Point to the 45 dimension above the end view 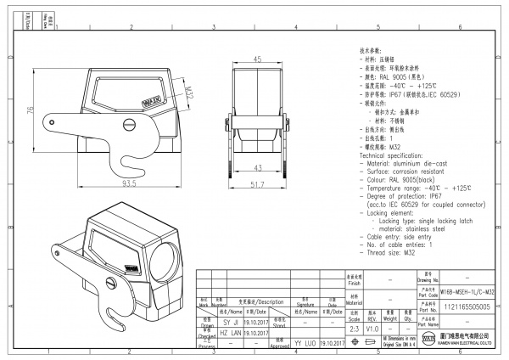pyautogui.click(x=256, y=59)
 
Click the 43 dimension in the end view pyautogui.click(x=256, y=166)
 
